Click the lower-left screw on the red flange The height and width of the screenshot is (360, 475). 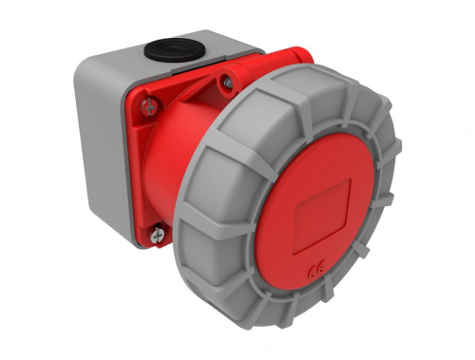coord(155,229)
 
